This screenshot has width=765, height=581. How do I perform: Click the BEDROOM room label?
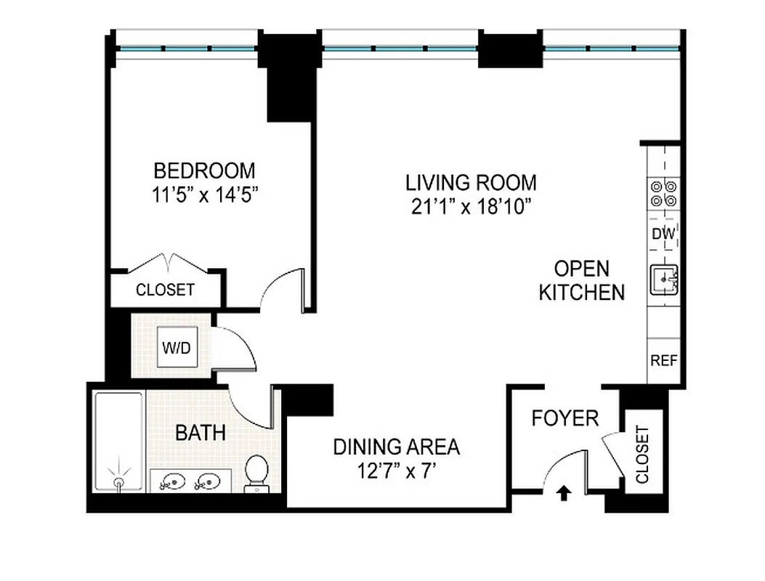(x=204, y=171)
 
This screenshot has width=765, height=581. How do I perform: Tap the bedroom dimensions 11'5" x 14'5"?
(x=204, y=195)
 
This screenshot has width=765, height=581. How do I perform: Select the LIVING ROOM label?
(x=471, y=182)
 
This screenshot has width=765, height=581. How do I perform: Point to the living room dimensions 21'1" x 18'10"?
(x=471, y=206)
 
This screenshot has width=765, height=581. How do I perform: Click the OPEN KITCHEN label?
(x=581, y=280)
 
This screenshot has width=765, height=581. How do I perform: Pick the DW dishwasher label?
(x=664, y=235)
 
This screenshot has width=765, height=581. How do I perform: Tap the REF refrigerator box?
(x=664, y=360)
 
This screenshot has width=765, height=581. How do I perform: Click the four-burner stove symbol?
(x=664, y=193)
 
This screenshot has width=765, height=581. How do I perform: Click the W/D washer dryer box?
(x=176, y=348)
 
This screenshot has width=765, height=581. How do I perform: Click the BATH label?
(x=201, y=434)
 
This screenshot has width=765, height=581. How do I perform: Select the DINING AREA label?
(x=396, y=446)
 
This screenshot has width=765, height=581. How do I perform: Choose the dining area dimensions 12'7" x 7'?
(x=396, y=471)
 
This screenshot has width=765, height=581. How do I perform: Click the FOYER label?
(x=564, y=418)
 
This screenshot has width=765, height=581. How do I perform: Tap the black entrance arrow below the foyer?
(x=564, y=495)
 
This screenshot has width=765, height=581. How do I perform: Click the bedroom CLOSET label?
(x=165, y=290)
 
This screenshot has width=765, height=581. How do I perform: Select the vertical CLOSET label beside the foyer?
(x=642, y=455)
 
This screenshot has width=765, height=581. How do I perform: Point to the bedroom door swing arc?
(x=280, y=288)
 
